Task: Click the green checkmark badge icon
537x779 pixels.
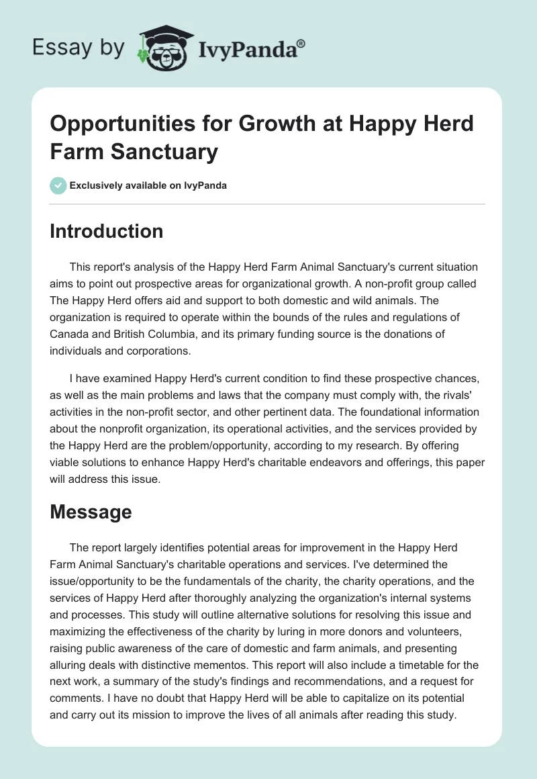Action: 58,185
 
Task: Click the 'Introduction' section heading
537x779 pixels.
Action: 107,231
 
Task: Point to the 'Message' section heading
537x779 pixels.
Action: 91,512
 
